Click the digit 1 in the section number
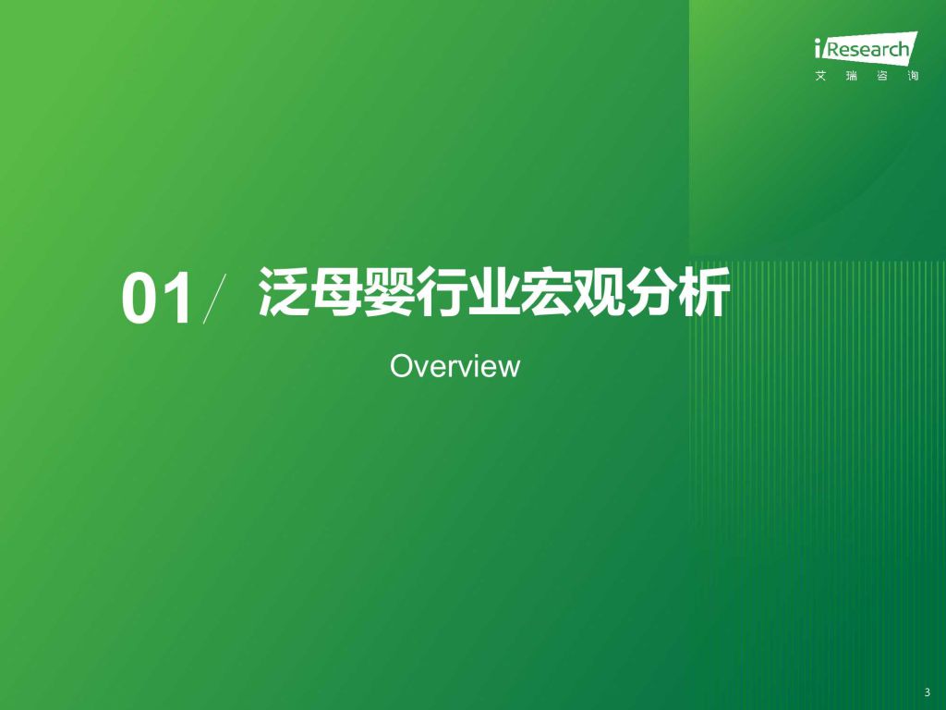pyautogui.click(x=179, y=299)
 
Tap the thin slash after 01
pyautogui.click(x=214, y=299)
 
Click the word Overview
pyautogui.click(x=455, y=366)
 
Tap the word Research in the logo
pyautogui.click(x=867, y=49)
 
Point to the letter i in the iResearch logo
pyautogui.click(x=819, y=48)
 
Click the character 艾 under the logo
pyautogui.click(x=821, y=76)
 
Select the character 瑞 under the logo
pyautogui.click(x=851, y=76)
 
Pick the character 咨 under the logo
pyautogui.click(x=882, y=76)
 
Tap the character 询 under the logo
pyautogui.click(x=913, y=76)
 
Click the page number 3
pyautogui.click(x=928, y=693)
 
